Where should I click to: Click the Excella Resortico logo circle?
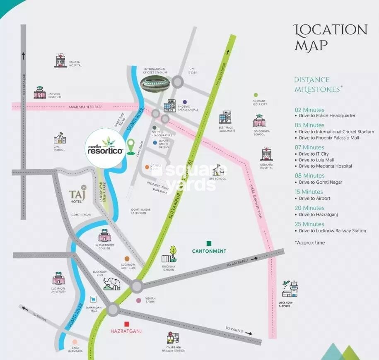104,148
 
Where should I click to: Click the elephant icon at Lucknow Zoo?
112,284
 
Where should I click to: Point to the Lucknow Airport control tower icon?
290,289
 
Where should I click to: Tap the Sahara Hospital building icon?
60,60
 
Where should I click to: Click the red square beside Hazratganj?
127,324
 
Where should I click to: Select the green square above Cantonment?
209,243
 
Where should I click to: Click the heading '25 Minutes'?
309,224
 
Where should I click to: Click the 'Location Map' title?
330,37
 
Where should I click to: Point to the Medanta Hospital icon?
266,154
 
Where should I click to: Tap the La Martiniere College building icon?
104,235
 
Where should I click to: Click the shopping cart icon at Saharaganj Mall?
94,299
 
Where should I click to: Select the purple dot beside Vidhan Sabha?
138,300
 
